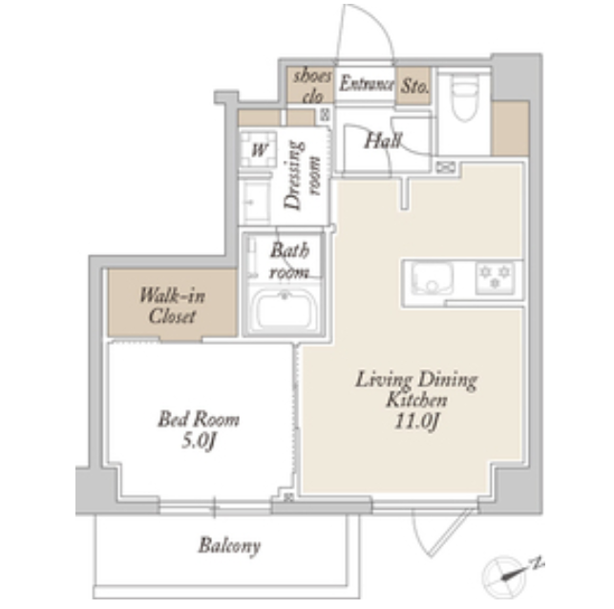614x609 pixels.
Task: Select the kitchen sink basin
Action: pos(432,277)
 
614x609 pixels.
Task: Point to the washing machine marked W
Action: pos(259,149)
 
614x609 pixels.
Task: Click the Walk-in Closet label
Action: pos(172,306)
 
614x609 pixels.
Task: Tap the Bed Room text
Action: pos(199,419)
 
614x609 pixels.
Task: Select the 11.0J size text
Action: pos(417,422)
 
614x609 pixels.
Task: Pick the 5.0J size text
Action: pos(199,441)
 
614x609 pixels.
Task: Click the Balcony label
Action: pos(229,546)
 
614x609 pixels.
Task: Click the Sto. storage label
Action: pos(414,86)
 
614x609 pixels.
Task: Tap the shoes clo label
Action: pos(313,86)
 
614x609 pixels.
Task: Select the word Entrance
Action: pos(367,83)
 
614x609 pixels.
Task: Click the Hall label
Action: pos(383,141)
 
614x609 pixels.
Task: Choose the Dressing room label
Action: pos(303,175)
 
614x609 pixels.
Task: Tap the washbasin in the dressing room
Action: pos(255,202)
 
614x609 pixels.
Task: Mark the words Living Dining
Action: pos(416,380)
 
